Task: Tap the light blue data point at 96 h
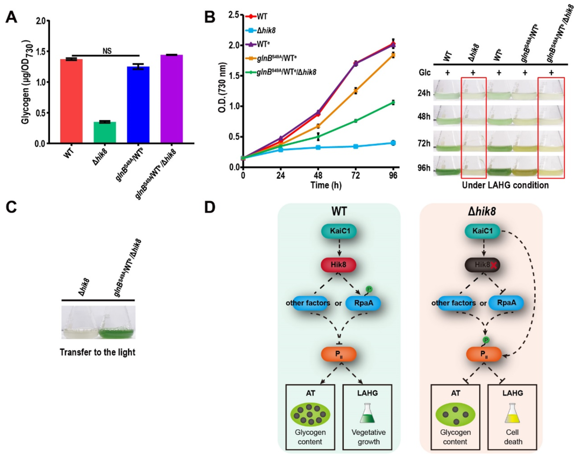(393, 142)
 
